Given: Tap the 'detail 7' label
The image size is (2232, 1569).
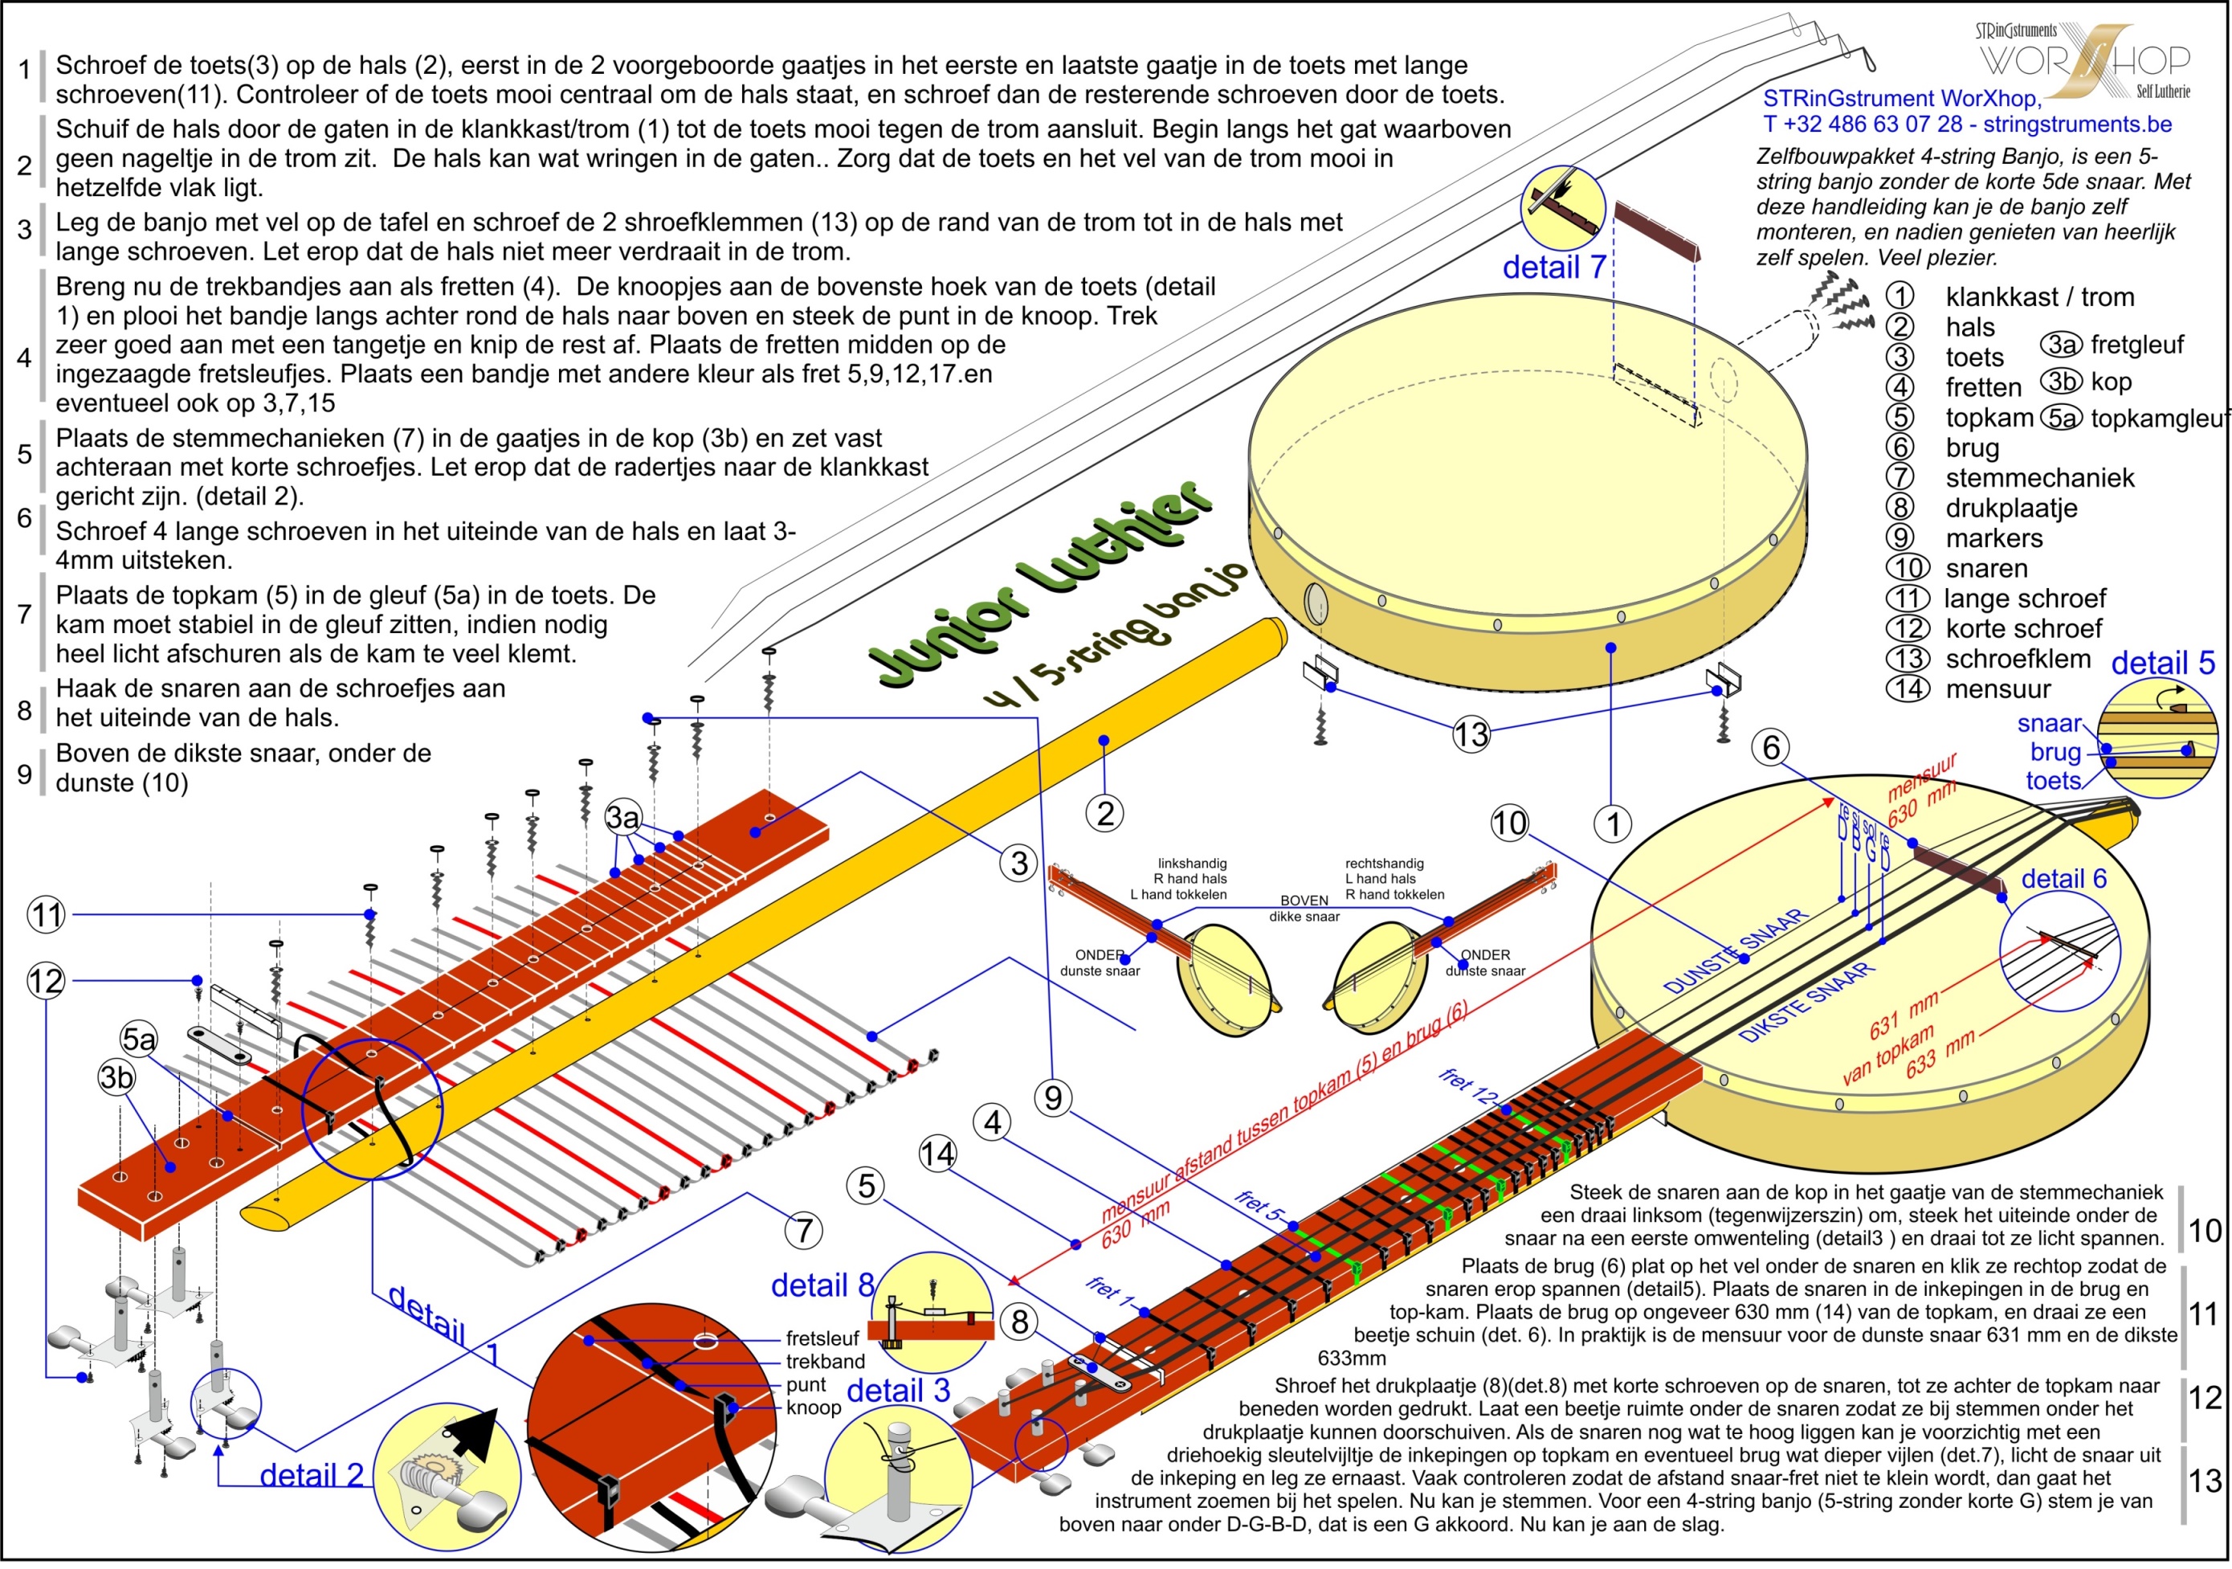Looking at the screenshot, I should click(1553, 267).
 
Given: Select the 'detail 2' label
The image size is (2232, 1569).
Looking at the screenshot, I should click(311, 1475).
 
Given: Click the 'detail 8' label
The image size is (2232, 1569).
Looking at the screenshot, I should click(822, 1285).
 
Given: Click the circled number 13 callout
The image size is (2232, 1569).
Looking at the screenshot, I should click(1471, 735).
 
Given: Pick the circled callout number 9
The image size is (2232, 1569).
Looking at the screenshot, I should click(1054, 1098).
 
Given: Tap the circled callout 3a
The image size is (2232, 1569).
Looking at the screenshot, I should click(623, 818).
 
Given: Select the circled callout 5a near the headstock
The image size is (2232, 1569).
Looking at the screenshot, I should click(138, 1040).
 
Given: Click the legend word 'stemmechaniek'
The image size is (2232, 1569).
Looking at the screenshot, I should click(2039, 478).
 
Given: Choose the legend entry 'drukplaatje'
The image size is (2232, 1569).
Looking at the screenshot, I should click(2010, 509).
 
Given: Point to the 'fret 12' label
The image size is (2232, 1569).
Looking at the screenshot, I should click(1469, 1087).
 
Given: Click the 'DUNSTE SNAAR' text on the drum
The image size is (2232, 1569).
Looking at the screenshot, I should click(1736, 950).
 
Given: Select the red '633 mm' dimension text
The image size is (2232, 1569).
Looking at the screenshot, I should click(1940, 1054).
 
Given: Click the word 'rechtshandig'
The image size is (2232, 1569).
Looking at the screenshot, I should click(1385, 864).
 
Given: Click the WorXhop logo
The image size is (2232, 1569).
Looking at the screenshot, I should click(2084, 60).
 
